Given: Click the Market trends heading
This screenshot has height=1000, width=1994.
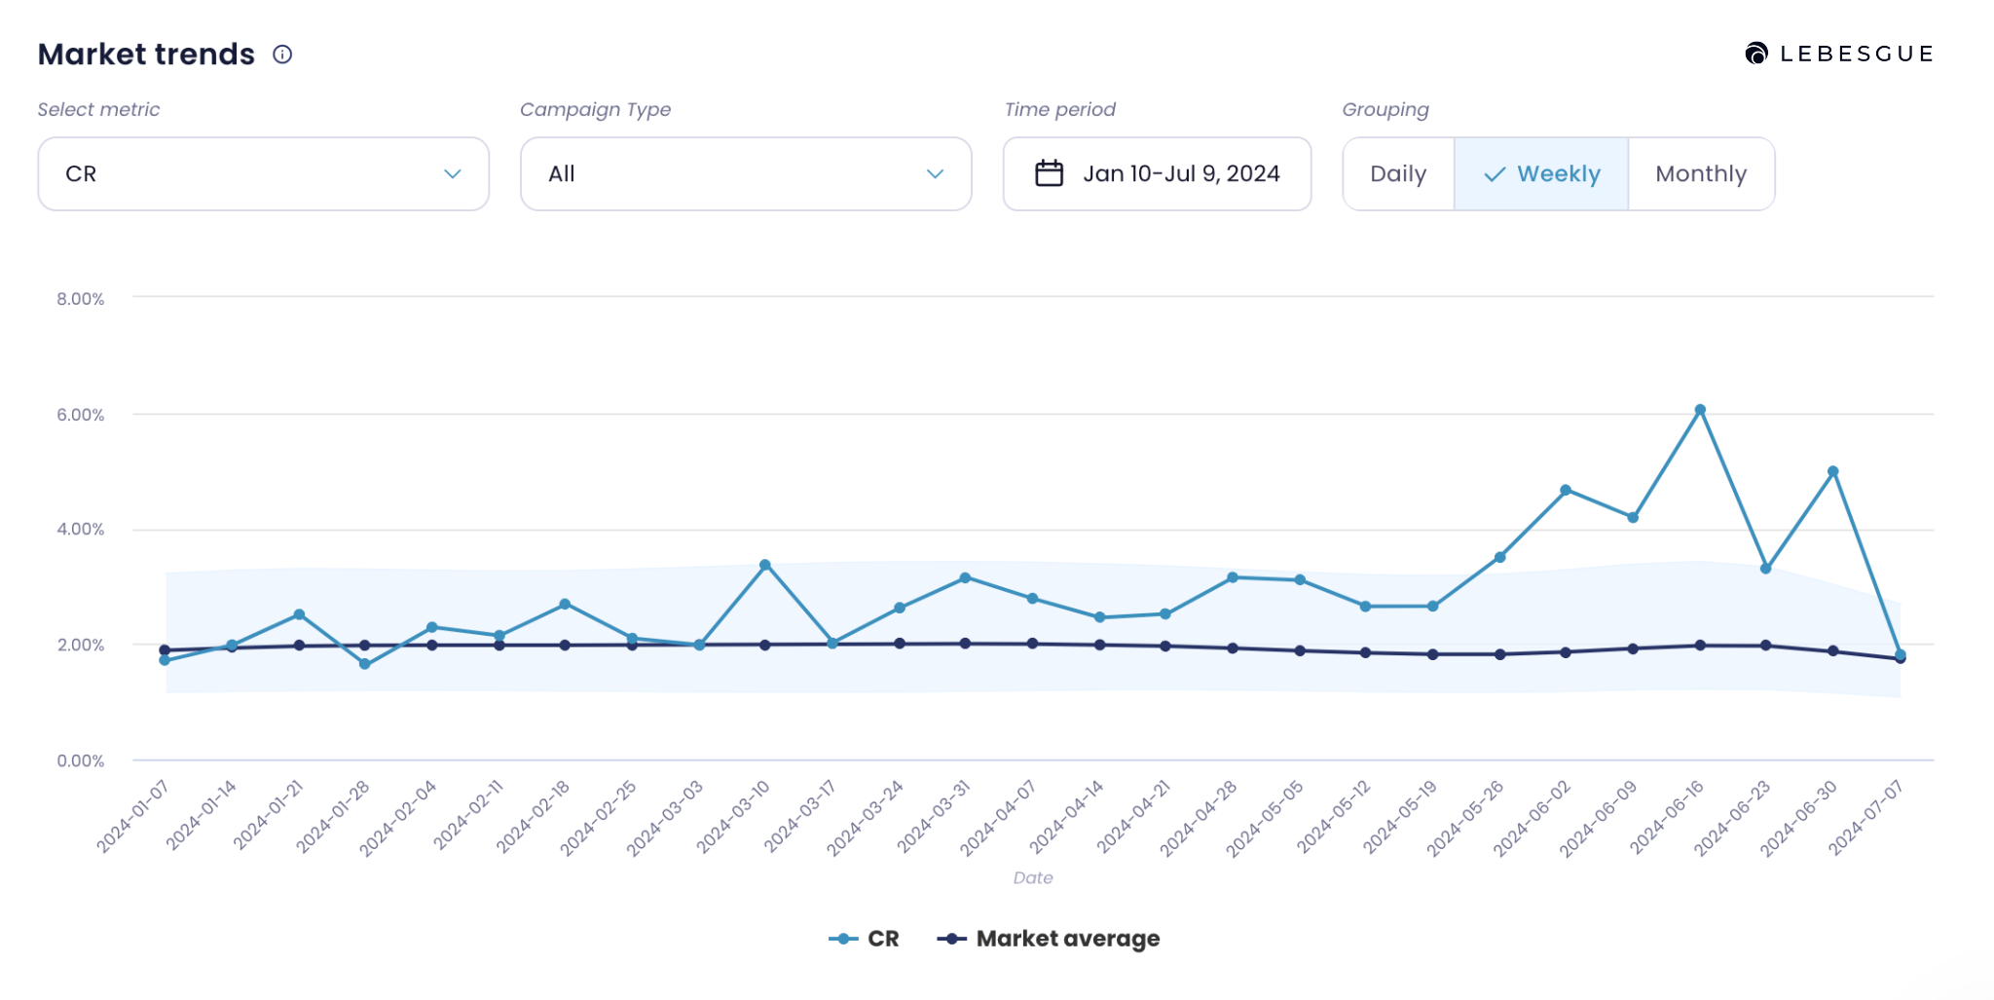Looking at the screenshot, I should [146, 55].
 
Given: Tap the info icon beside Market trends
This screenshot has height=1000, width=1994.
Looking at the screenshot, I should [282, 55].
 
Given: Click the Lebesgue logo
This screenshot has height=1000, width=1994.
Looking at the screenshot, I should [1838, 54].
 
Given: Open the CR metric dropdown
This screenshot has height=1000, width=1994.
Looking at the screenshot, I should [263, 174].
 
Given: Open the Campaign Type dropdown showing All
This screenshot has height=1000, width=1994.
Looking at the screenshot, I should [746, 174].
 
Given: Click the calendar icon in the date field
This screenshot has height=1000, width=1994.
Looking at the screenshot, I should [1049, 173].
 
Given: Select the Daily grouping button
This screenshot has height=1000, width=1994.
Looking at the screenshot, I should [1398, 174].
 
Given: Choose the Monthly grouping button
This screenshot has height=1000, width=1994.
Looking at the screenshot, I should [1701, 174].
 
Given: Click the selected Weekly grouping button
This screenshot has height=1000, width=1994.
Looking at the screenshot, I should [1541, 174].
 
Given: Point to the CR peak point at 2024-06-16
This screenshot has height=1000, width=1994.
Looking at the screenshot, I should [1700, 410].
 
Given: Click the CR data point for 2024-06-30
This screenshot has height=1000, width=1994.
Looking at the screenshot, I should [1833, 471].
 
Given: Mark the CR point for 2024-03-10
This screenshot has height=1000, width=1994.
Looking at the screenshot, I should [765, 565].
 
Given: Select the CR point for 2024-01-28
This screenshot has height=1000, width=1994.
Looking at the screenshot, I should [365, 664].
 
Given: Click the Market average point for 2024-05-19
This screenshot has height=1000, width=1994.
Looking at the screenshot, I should [1432, 654].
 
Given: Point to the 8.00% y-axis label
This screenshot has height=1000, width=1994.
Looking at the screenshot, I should [80, 299].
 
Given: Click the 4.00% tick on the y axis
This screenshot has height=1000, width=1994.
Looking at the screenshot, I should [80, 530].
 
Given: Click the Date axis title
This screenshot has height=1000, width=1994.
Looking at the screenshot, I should [1033, 877].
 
